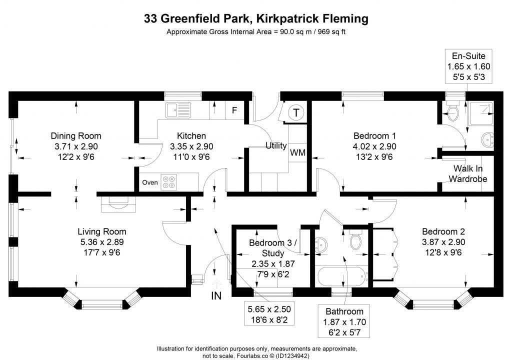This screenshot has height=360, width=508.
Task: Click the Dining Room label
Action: [x=76, y=135]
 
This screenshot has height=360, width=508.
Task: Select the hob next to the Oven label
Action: [x=168, y=182]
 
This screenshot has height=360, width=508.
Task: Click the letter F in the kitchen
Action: [x=234, y=110]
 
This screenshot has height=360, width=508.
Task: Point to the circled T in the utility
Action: [x=296, y=112]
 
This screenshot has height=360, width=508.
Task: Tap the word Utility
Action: [x=275, y=146]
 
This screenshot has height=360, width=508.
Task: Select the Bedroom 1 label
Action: [x=374, y=135]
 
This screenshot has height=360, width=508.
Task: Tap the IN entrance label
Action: [x=216, y=295]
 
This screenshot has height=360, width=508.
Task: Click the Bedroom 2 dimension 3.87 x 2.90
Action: [x=443, y=242]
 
